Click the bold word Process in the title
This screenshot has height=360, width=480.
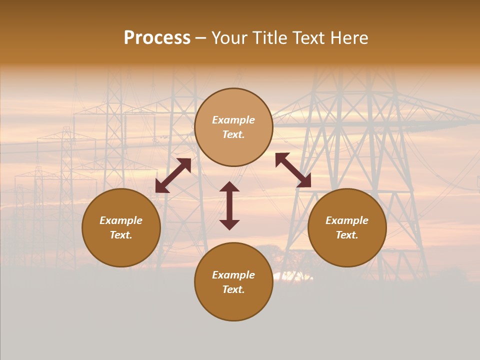coord(157,38)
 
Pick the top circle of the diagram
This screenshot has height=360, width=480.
coord(233,127)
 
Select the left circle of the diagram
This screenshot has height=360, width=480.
coord(121,227)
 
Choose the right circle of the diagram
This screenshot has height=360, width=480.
coord(347,227)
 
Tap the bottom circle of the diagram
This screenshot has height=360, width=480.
coord(233,282)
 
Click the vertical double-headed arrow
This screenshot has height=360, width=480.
coord(229,205)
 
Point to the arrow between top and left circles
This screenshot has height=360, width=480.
coord(173,175)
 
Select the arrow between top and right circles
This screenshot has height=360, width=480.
coord(293,170)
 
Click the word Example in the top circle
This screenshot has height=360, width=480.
coord(233,120)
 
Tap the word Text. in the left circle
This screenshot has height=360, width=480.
coord(121,235)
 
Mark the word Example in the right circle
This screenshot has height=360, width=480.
coord(347,220)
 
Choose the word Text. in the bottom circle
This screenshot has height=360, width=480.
coord(233,289)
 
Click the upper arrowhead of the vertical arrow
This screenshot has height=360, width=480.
coord(229,187)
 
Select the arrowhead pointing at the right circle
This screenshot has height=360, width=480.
coord(304,181)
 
